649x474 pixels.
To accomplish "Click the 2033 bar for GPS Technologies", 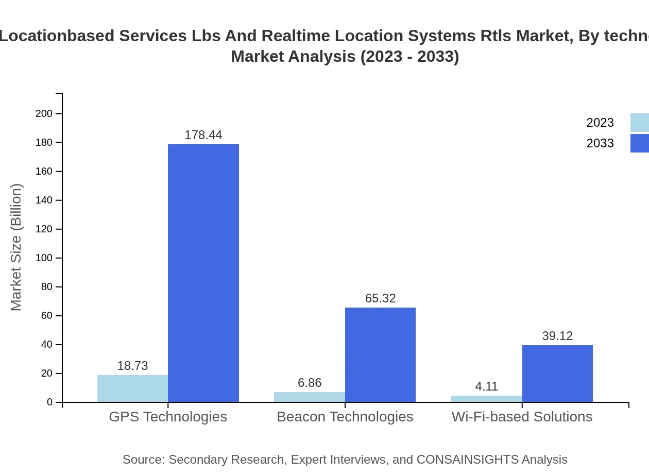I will coord(203,273).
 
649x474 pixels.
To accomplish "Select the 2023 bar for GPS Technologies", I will coord(132,388).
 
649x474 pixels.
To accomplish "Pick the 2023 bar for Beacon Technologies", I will coord(309,397).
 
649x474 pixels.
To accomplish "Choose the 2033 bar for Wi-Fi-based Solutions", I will coord(557,374).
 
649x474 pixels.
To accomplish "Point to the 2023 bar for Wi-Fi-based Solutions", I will coord(486,399).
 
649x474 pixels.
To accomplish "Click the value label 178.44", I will coord(203,135).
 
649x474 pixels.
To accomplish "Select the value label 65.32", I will coord(380,298).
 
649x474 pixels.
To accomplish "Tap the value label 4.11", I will coord(486,386).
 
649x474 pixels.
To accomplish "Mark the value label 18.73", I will coord(132,366).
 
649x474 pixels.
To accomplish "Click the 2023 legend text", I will coord(600,123).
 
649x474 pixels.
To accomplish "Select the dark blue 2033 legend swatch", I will coord(640,143).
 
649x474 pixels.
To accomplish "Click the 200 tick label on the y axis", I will coord(44,113).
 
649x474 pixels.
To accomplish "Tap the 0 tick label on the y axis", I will coord(50,402).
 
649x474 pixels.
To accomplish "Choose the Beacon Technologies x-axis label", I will coord(345,416).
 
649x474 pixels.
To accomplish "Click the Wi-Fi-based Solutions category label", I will coord(522,416).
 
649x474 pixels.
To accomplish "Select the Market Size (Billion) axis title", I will coord(16,247).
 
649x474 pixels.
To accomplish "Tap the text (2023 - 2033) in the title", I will coord(409,56).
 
